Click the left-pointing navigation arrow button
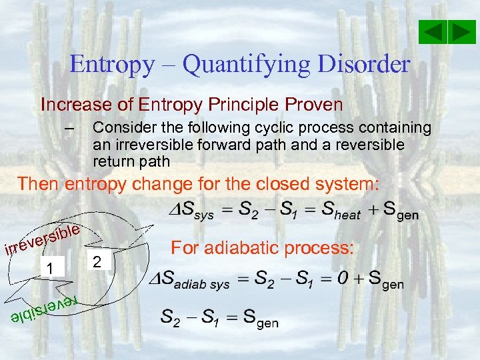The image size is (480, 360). click(x=433, y=32)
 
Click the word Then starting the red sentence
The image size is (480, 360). click(x=39, y=184)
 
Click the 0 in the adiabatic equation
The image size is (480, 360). click(x=340, y=281)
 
